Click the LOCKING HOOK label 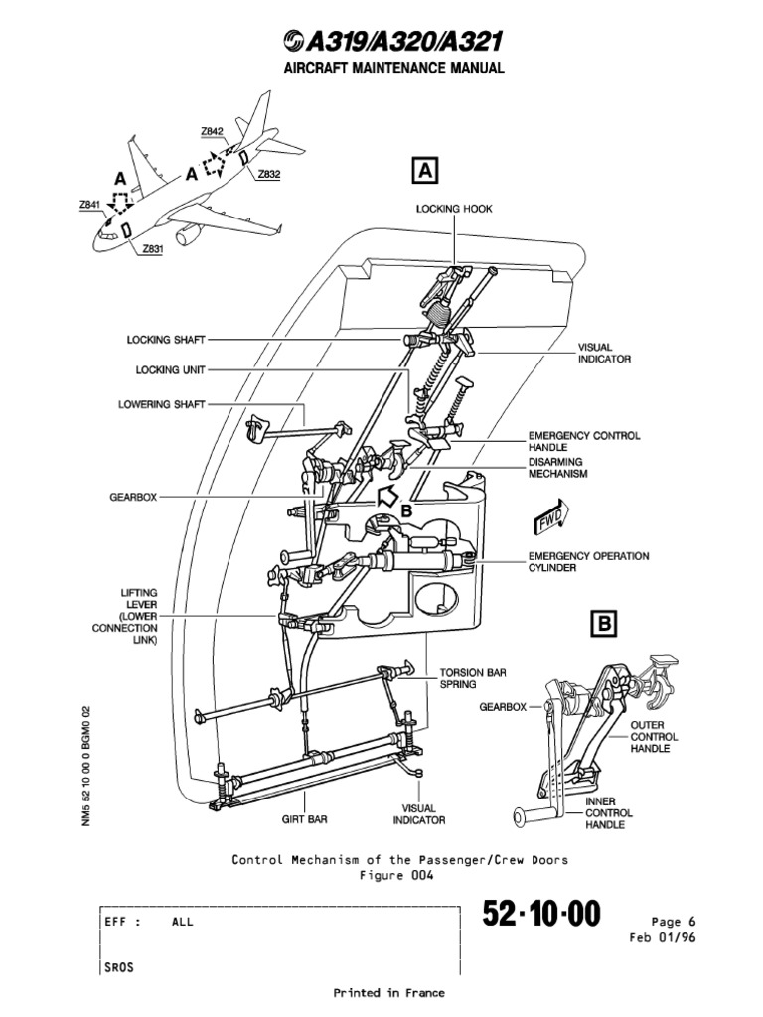pos(453,209)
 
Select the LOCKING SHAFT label pos(166,339)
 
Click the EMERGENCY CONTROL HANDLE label pos(584,442)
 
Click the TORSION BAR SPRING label pos(473,678)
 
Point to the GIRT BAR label pos(304,820)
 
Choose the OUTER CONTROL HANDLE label pos(655,737)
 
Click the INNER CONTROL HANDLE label pos(608,812)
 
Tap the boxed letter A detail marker pos(424,170)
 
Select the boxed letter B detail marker pos(603,623)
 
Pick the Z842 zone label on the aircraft pos(212,131)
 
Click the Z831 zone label pos(152,249)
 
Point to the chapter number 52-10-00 pos(541,914)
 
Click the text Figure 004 pos(399,875)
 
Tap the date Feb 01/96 pos(663,937)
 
